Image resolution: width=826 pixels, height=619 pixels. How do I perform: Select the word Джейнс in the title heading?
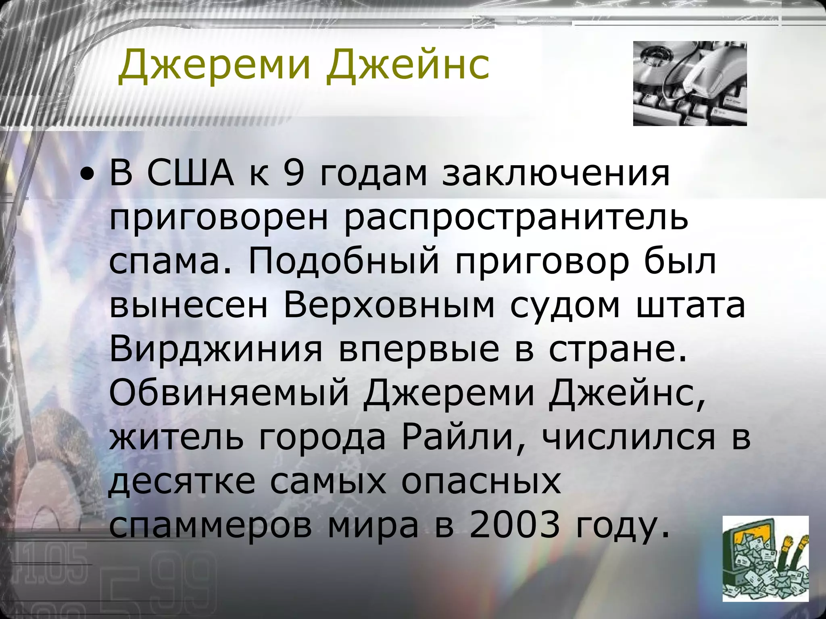[x=408, y=64]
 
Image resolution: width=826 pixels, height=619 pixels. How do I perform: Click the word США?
[x=190, y=174]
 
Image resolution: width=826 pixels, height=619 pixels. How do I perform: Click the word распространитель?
[x=516, y=220]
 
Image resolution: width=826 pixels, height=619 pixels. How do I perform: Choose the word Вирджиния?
[x=216, y=350]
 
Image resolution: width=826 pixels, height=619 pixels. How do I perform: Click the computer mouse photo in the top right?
[x=689, y=83]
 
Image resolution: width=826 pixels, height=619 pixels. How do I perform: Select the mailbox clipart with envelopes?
[x=765, y=564]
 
